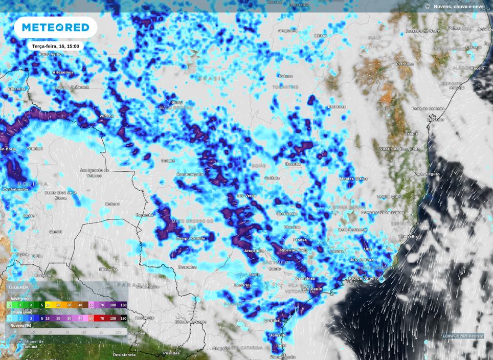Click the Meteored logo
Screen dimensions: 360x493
coord(55,27)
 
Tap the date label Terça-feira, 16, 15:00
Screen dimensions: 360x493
coord(55,46)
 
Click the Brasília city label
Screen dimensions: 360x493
coord(293,164)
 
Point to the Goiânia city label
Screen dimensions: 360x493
coord(272,177)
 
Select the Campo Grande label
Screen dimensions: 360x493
coord(190,238)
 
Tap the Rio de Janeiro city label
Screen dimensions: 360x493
coord(364,278)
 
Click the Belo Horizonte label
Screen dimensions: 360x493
coord(352,230)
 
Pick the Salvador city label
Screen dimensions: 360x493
coord(435,119)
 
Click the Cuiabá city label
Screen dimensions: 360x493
coord(168,160)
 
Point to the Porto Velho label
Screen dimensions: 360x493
coord(50,54)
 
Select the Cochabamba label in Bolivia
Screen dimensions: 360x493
coord(15,189)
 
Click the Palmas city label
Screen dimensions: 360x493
coord(286,76)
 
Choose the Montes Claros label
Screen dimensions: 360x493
coord(353,178)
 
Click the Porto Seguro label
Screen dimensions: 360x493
coord(427,174)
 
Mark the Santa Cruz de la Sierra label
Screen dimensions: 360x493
coord(60,195)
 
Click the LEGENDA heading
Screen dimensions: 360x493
coord(19,287)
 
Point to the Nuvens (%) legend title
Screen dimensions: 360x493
coord(21,325)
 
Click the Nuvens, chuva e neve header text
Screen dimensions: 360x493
coord(458,7)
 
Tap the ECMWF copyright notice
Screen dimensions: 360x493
coord(463,336)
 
